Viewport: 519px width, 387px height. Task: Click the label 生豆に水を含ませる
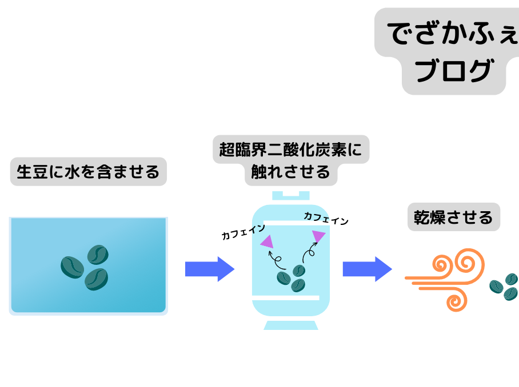pyautogui.click(x=89, y=172)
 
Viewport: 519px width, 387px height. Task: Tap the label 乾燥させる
pyautogui.click(x=453, y=217)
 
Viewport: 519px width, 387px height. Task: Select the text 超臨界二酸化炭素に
pyautogui.click(x=290, y=150)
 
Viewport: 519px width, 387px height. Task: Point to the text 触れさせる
pyautogui.click(x=290, y=172)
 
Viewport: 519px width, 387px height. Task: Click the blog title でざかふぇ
pyautogui.click(x=453, y=33)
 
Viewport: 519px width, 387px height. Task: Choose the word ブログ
pyautogui.click(x=454, y=70)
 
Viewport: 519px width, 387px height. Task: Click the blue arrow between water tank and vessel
pyautogui.click(x=210, y=269)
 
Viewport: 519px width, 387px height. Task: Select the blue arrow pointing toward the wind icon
pyautogui.click(x=368, y=269)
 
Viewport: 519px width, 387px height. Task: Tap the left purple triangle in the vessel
pyautogui.click(x=268, y=241)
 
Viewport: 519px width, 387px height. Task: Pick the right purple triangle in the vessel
pyautogui.click(x=318, y=236)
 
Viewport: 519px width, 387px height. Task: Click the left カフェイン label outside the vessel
pyautogui.click(x=243, y=231)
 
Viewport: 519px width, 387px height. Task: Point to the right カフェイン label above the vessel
pyautogui.click(x=326, y=219)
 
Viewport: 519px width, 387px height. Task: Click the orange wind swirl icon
pyautogui.click(x=445, y=280)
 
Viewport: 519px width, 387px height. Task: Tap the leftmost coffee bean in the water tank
pyautogui.click(x=72, y=267)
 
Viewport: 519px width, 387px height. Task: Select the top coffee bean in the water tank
pyautogui.click(x=98, y=255)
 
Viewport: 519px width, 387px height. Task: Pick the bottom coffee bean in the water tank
pyautogui.click(x=97, y=279)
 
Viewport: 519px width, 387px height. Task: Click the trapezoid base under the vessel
pyautogui.click(x=291, y=325)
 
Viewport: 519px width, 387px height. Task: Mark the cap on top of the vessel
pyautogui.click(x=291, y=195)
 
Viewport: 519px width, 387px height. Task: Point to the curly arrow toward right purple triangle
pyautogui.click(x=310, y=252)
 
